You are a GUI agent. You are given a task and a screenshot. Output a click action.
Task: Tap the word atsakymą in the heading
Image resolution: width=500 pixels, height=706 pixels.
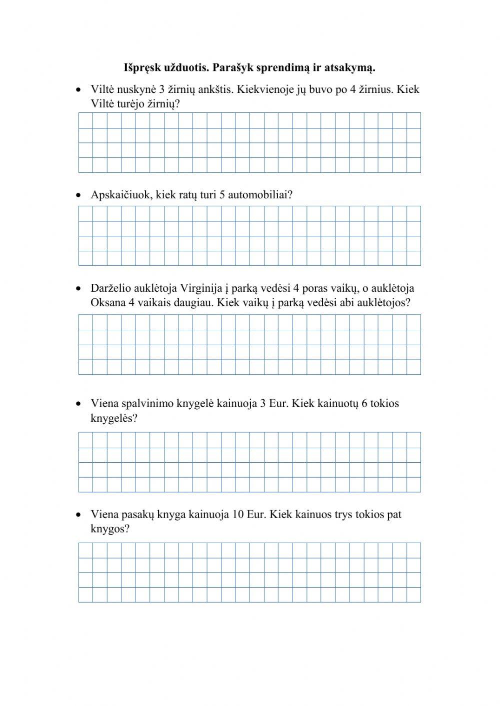click(x=352, y=67)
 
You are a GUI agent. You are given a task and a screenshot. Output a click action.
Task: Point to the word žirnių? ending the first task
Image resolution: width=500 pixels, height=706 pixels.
click(x=163, y=104)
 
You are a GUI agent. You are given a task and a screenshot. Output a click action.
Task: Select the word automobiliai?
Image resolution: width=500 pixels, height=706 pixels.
click(x=260, y=194)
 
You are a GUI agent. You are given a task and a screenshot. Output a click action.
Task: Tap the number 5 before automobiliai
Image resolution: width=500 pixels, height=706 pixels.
click(x=222, y=194)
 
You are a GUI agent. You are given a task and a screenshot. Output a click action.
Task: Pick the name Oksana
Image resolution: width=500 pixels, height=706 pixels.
click(x=107, y=303)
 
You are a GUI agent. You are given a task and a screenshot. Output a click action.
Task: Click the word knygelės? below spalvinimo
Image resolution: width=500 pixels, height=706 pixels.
click(x=113, y=418)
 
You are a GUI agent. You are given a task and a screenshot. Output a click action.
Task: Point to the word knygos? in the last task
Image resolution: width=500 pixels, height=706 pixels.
click(x=110, y=529)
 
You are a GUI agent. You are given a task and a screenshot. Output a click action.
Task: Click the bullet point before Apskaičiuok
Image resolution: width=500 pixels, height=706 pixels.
click(x=78, y=195)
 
